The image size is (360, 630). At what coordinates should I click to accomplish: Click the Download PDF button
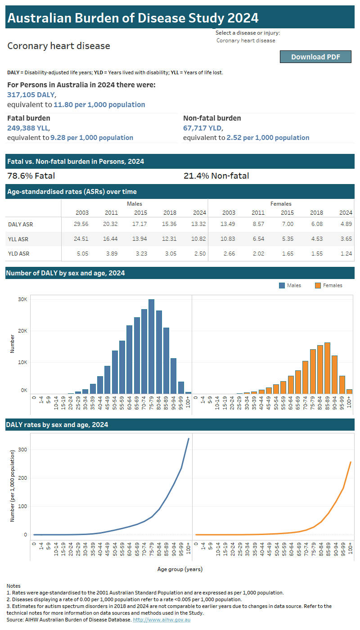tap(315, 57)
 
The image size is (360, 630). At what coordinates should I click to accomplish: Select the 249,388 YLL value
tap(28, 128)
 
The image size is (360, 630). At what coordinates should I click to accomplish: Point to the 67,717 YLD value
tap(202, 128)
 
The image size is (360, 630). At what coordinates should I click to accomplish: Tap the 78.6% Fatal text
tap(31, 176)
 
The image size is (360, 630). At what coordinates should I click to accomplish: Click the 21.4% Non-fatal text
tap(216, 176)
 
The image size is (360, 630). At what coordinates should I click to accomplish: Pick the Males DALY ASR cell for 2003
tap(81, 225)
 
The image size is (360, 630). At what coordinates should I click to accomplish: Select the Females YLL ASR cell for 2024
tap(345, 239)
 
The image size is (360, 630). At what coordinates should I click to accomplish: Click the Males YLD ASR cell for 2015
tap(140, 253)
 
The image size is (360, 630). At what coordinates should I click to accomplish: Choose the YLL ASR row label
tap(18, 239)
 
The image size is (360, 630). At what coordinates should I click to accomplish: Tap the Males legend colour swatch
tap(282, 285)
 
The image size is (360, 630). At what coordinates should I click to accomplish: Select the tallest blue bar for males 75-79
tap(152, 346)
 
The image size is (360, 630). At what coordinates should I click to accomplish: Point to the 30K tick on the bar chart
tap(22, 299)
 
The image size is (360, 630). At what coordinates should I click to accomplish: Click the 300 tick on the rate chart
tap(22, 450)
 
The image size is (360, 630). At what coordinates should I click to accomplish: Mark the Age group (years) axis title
tap(180, 569)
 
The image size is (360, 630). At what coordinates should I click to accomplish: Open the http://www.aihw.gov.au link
tap(162, 620)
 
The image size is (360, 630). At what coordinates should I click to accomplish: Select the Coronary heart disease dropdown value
tap(246, 40)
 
